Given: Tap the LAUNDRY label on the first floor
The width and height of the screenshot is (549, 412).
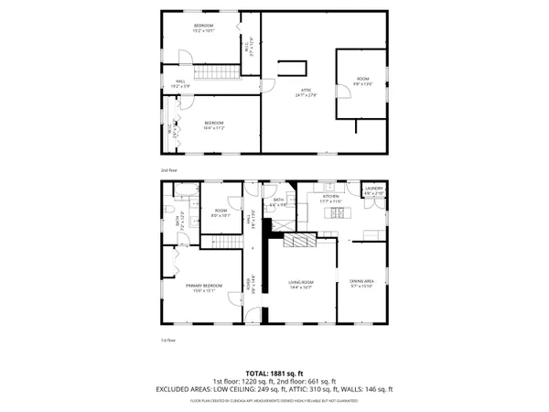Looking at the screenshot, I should [x=373, y=190].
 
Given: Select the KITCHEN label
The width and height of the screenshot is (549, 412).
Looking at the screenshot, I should [x=330, y=196].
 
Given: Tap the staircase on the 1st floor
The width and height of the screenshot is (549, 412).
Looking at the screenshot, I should [x=220, y=240].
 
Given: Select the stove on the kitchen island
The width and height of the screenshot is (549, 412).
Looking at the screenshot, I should [x=336, y=214].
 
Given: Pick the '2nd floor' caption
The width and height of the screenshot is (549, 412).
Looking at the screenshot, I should [x=168, y=170].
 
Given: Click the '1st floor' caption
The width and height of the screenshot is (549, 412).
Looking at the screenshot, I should [x=168, y=340].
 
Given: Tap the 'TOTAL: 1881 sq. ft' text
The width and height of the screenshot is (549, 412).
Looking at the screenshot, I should [x=274, y=373].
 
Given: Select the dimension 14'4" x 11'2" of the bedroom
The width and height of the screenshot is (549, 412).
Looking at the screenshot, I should [x=214, y=128].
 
